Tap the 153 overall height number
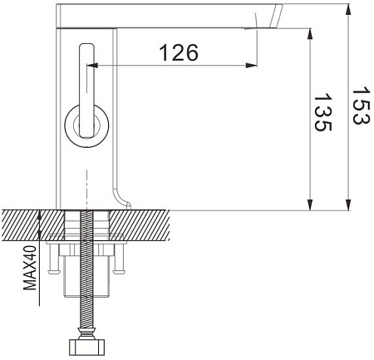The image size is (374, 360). (x=361, y=106)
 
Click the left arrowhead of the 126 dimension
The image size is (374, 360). (x=91, y=65)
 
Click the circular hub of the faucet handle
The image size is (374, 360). (x=86, y=127)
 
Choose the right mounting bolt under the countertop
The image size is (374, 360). (x=120, y=260)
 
